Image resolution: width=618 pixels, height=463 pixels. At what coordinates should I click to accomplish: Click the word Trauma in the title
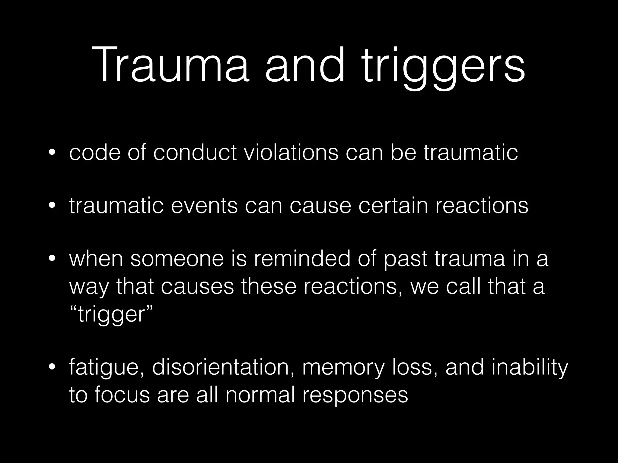click(x=170, y=65)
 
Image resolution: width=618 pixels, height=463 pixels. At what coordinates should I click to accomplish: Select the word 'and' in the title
click(x=305, y=65)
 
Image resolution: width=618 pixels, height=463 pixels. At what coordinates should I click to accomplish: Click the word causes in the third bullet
click(x=197, y=287)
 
